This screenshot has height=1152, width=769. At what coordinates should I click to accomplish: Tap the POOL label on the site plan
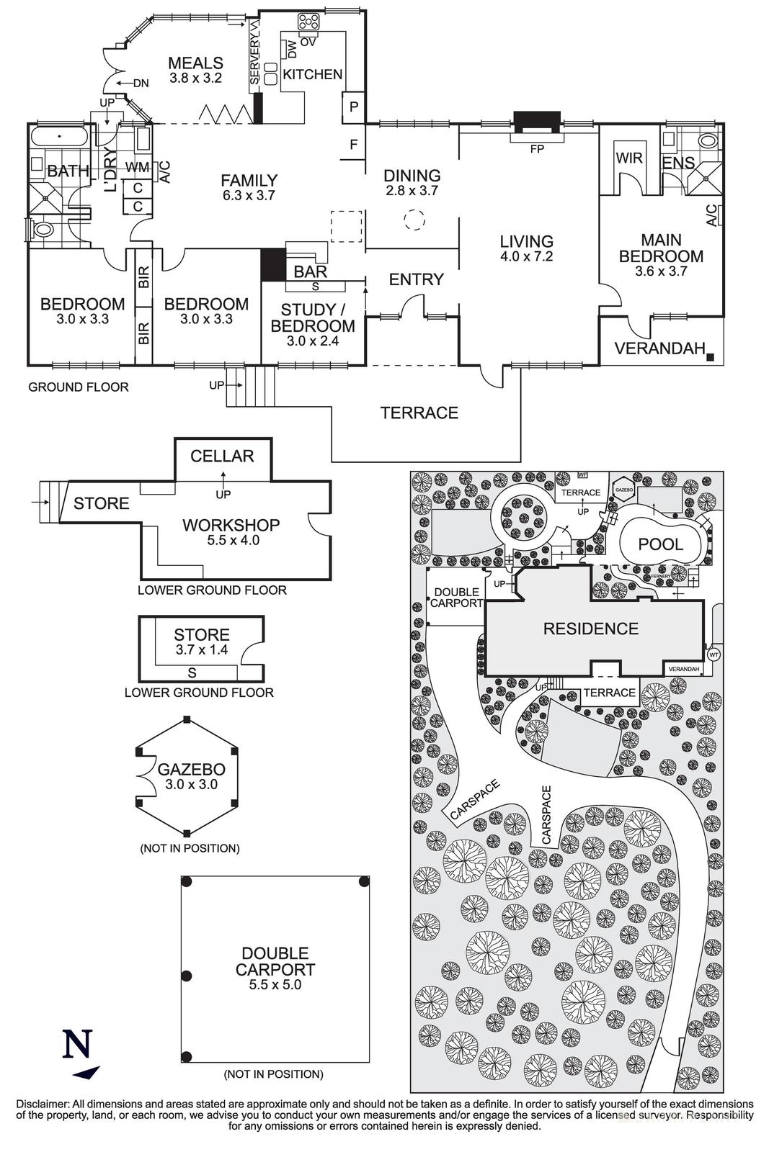(x=660, y=544)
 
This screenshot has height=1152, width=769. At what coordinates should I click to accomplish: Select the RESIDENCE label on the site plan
(x=590, y=629)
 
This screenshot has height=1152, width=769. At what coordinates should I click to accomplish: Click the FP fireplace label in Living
(x=536, y=150)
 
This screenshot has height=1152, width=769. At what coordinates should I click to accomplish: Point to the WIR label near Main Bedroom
(x=629, y=158)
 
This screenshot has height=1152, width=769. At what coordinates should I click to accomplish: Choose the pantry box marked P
(x=354, y=107)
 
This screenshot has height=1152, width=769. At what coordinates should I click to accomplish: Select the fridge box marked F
(x=354, y=145)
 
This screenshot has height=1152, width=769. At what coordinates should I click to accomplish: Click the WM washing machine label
(x=137, y=168)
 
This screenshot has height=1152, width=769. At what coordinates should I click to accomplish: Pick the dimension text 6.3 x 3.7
(x=249, y=195)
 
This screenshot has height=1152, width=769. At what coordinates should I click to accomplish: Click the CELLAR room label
(x=222, y=456)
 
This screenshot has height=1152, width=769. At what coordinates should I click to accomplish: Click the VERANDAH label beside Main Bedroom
(x=659, y=348)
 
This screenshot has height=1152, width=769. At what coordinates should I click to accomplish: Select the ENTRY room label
(x=416, y=279)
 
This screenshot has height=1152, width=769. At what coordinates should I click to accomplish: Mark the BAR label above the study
(x=311, y=271)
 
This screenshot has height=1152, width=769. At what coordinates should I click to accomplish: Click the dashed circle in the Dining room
(x=414, y=220)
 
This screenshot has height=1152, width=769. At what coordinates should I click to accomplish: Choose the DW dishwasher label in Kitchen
(x=291, y=49)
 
